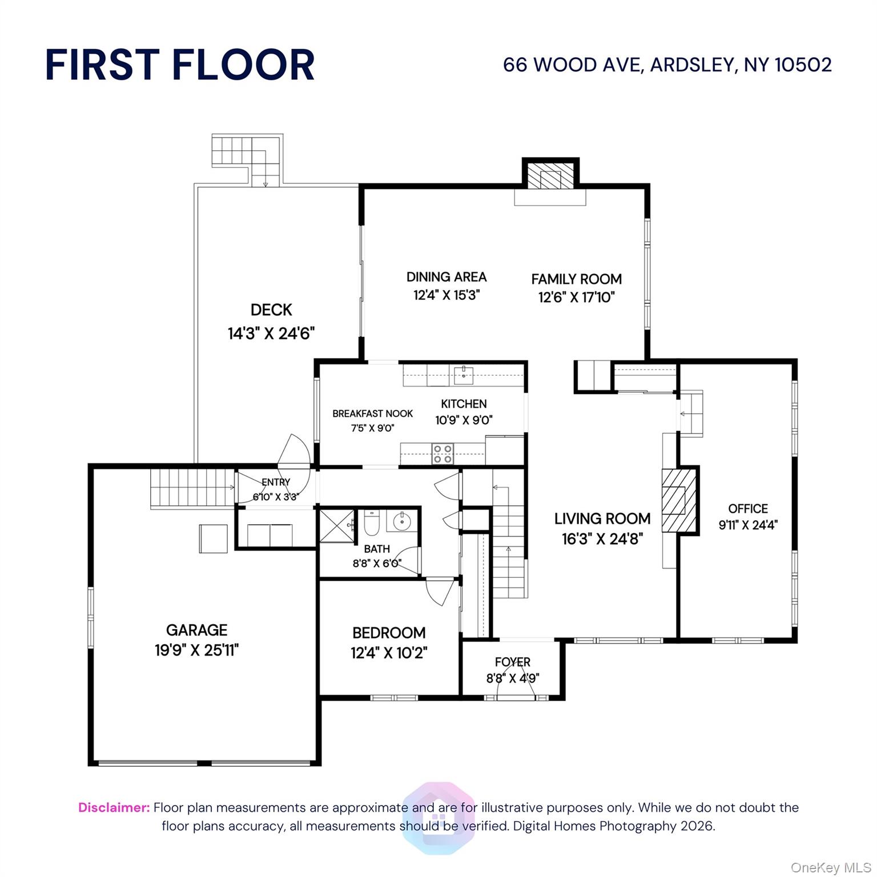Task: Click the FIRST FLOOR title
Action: click(180, 65)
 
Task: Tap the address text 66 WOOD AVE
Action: click(571, 65)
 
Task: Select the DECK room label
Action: click(271, 310)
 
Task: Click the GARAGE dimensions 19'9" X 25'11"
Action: click(196, 650)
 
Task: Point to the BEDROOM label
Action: click(389, 633)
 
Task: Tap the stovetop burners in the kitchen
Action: click(442, 453)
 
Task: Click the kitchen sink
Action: click(464, 375)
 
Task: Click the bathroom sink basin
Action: click(402, 521)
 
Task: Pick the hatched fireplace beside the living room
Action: click(679, 500)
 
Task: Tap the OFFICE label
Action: click(748, 509)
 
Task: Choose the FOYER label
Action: click(513, 662)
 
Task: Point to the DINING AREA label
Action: click(446, 277)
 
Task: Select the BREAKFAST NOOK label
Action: click(373, 414)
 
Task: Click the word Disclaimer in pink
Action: click(114, 807)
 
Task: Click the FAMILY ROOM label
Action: click(577, 279)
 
